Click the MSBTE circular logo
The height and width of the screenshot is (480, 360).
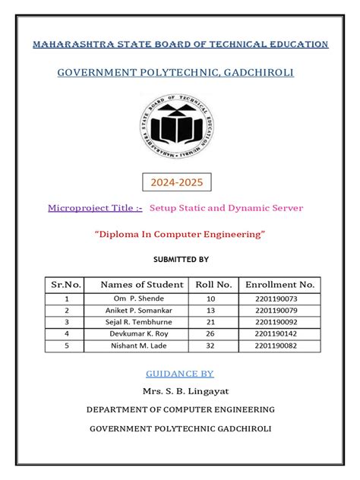click(x=179, y=127)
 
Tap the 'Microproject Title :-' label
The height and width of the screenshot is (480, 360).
click(x=95, y=207)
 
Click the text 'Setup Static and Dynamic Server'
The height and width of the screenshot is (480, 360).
click(x=226, y=207)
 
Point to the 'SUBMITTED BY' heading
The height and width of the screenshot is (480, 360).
click(x=181, y=259)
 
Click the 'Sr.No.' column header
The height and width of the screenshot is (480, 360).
click(x=66, y=285)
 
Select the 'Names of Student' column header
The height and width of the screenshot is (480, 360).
click(x=142, y=285)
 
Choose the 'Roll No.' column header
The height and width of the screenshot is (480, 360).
click(x=213, y=285)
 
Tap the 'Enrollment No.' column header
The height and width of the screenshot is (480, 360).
click(x=279, y=285)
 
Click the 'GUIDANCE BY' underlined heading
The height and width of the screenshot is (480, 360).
click(x=179, y=374)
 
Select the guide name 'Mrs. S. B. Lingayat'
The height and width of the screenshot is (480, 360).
click(x=180, y=392)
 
